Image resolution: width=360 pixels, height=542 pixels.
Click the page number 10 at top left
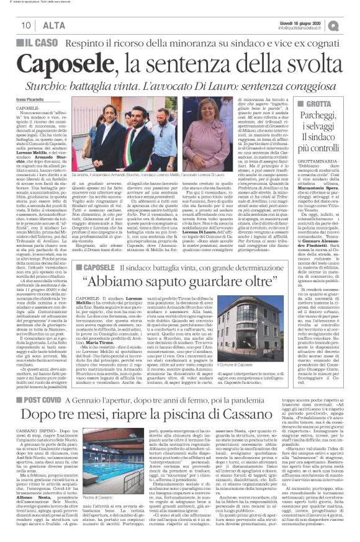pyautogui.click(x=27, y=25)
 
